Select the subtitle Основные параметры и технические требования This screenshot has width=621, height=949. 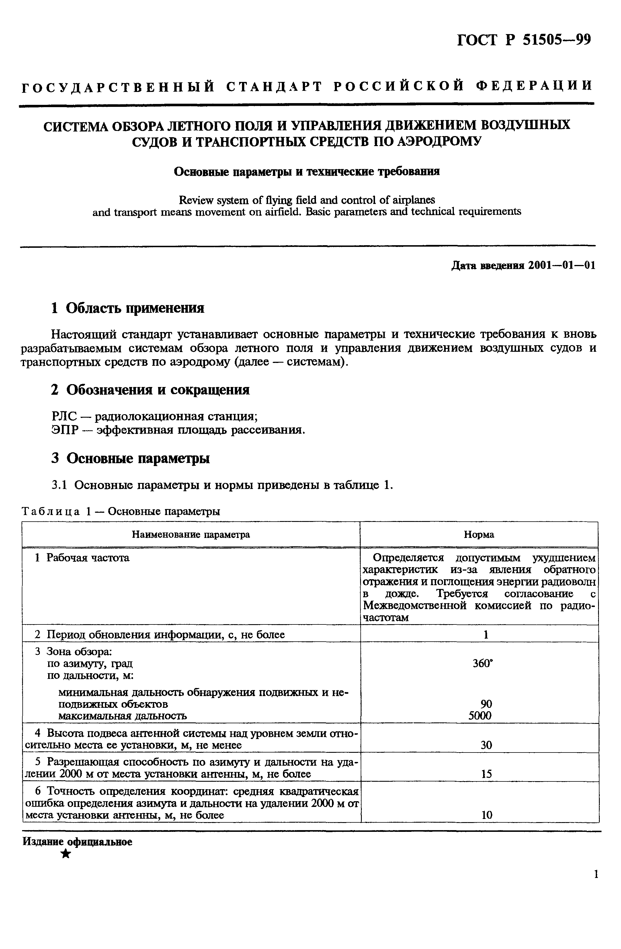point(307,172)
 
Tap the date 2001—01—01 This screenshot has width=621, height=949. point(562,266)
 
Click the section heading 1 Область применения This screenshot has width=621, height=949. point(128,308)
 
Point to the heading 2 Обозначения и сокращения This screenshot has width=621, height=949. point(151,390)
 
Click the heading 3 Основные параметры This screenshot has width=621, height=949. point(130,459)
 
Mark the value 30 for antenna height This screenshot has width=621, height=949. point(486,745)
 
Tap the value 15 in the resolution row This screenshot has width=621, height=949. point(486,774)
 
